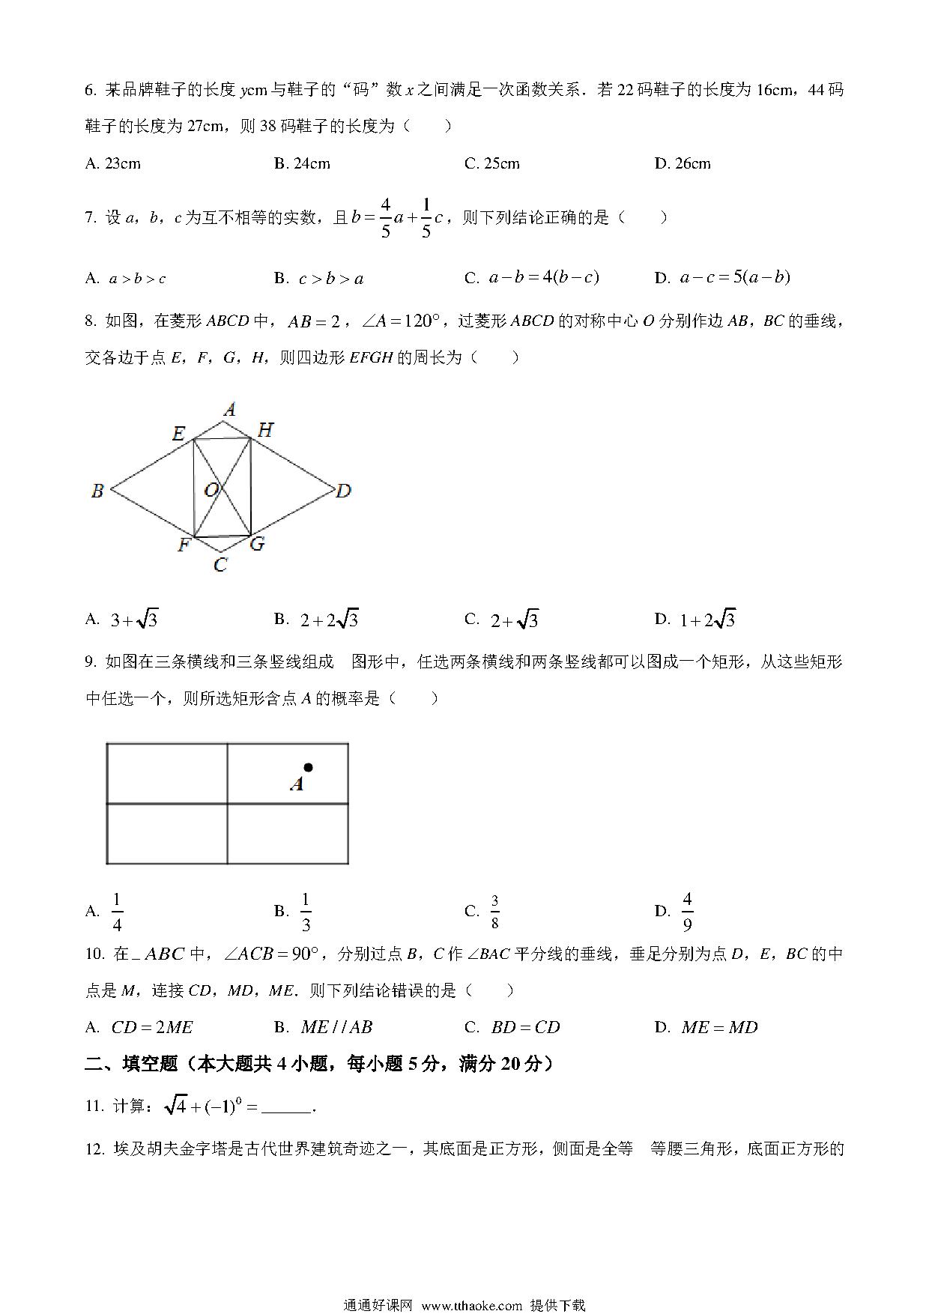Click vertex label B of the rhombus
(x=97, y=491)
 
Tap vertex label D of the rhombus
(x=343, y=491)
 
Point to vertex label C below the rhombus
(x=220, y=565)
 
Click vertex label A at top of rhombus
(x=230, y=409)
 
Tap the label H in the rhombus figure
(x=265, y=430)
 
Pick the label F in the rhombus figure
(x=184, y=545)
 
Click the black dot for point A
(x=308, y=768)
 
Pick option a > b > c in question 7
(x=137, y=279)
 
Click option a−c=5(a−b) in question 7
(x=734, y=278)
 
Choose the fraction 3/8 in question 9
(x=494, y=912)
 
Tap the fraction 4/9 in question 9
(x=687, y=912)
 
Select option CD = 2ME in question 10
(x=151, y=1028)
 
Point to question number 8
(x=91, y=322)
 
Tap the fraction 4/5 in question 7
(x=386, y=218)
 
